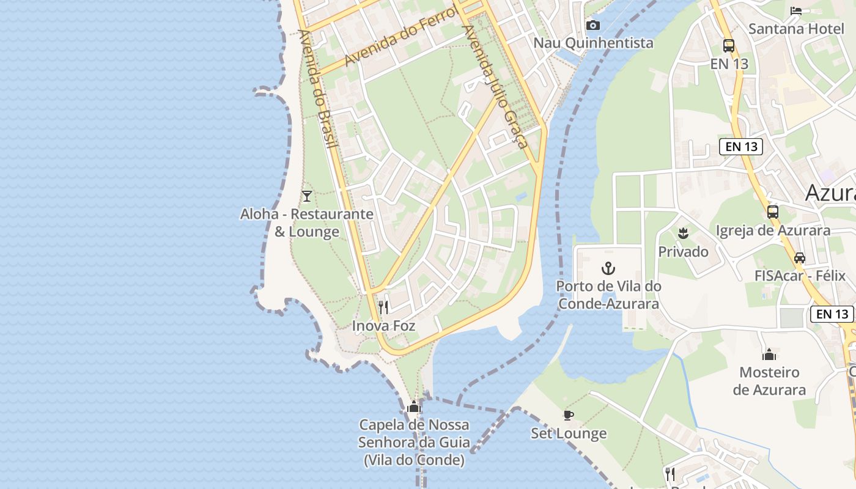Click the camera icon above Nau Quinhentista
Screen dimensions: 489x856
pos(592,25)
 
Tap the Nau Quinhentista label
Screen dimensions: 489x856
pos(593,43)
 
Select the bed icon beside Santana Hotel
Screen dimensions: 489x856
pos(796,10)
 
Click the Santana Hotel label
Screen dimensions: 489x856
pos(796,28)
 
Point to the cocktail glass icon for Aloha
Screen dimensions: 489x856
pos(307,196)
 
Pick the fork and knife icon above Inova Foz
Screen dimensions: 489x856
pos(383,307)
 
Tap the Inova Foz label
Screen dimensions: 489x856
pos(383,326)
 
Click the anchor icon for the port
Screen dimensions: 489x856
pos(608,268)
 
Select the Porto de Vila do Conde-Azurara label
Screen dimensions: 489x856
pos(608,295)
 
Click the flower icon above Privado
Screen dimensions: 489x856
pos(683,233)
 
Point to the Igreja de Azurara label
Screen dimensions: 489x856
pos(773,230)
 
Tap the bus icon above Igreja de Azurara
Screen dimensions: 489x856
pos(773,212)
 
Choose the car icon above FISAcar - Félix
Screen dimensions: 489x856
pos(800,258)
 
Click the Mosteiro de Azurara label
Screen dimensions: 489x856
pos(769,381)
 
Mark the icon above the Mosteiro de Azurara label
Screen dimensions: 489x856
pos(769,355)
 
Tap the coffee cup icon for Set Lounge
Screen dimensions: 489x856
pos(569,416)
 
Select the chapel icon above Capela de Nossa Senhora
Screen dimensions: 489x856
pos(414,406)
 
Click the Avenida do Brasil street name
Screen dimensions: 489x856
pos(319,89)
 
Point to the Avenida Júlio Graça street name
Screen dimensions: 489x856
pos(496,86)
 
